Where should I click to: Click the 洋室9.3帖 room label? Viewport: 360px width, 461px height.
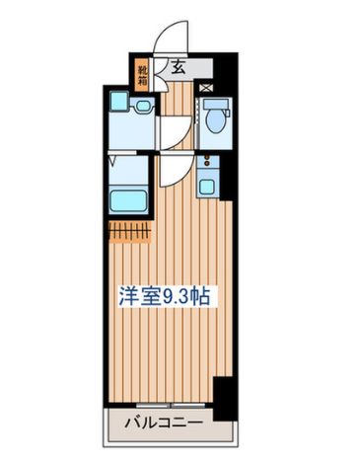coord(166,295)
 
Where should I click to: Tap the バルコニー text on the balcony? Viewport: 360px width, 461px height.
coord(165,425)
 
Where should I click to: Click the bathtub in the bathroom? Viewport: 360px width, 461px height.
coord(127,201)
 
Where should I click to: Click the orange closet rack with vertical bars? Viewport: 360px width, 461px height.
coord(127,232)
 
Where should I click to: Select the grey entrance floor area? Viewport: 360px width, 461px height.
coord(187,69)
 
